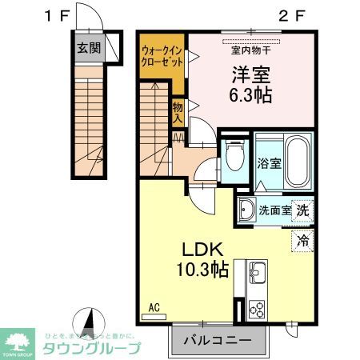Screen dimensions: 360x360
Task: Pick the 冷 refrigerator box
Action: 302,238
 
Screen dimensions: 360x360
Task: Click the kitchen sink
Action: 258,274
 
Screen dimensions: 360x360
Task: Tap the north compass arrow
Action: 92,321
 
